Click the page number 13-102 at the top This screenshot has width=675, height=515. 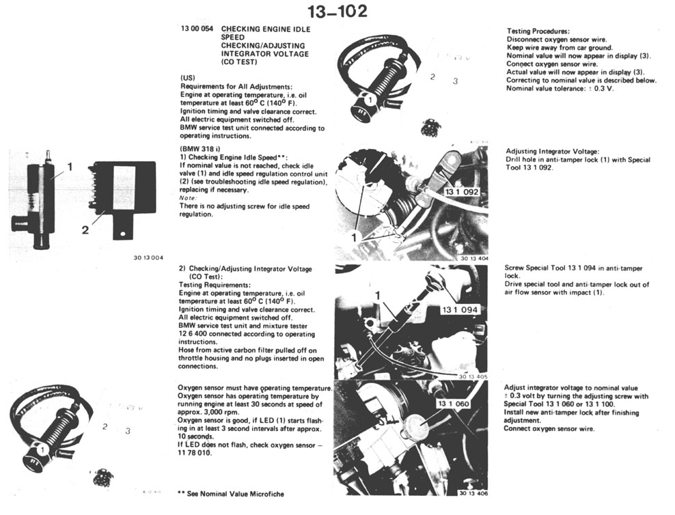coord(337,12)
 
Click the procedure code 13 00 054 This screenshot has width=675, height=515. coord(197,29)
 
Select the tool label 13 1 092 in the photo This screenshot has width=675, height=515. coord(461,191)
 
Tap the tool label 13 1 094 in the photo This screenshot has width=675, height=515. coord(460,309)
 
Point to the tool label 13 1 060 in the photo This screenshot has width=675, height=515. coord(453,404)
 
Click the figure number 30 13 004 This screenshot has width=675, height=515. coord(148,258)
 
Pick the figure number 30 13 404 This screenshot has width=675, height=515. coord(474,259)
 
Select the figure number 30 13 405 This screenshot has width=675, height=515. coord(473,376)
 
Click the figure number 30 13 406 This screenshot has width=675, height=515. coord(473,493)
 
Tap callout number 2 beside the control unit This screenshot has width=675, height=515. coord(85,230)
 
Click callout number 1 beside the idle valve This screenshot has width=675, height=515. coord(70,167)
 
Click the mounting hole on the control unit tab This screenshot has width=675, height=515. coord(124,234)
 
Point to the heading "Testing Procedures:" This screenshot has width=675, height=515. coord(538,31)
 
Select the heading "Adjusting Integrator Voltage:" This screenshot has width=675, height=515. coord(552,152)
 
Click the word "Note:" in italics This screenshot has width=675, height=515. coord(188,198)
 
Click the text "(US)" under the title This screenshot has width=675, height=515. coord(187,79)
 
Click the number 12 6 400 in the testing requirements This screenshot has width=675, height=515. coord(194,334)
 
